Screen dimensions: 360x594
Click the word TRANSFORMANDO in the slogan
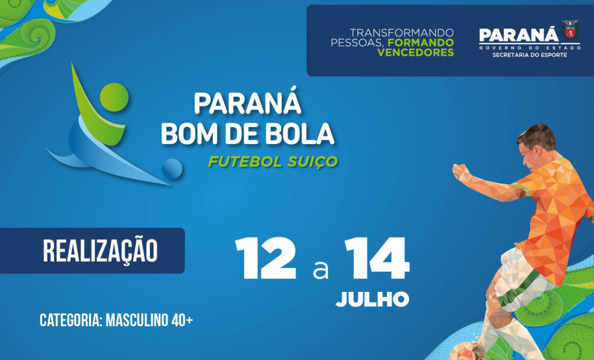(401, 32)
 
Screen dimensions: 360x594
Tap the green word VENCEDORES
(415, 53)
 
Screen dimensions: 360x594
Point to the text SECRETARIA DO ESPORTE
(530, 55)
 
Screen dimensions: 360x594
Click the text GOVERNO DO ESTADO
(529, 47)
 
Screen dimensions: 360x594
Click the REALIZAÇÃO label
(100, 251)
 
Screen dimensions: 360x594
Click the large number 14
(377, 259)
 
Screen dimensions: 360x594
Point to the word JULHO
(373, 299)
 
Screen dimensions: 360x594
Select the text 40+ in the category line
(180, 320)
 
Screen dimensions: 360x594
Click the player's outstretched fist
(459, 172)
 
